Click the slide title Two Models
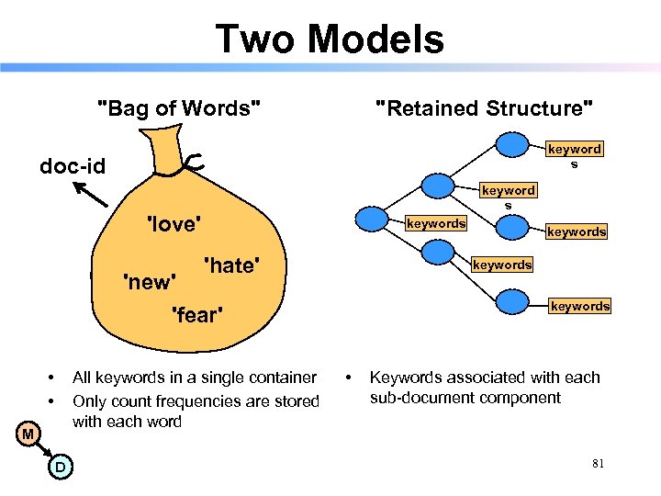[x=330, y=39]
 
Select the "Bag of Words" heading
[x=179, y=108]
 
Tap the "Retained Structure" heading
[x=485, y=108]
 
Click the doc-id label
[x=72, y=166]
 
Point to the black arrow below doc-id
[x=89, y=196]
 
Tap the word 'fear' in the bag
[x=198, y=316]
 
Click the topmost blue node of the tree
[x=515, y=145]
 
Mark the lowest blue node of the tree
[x=515, y=302]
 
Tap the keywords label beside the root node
[x=435, y=223]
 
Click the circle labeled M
[x=28, y=434]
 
